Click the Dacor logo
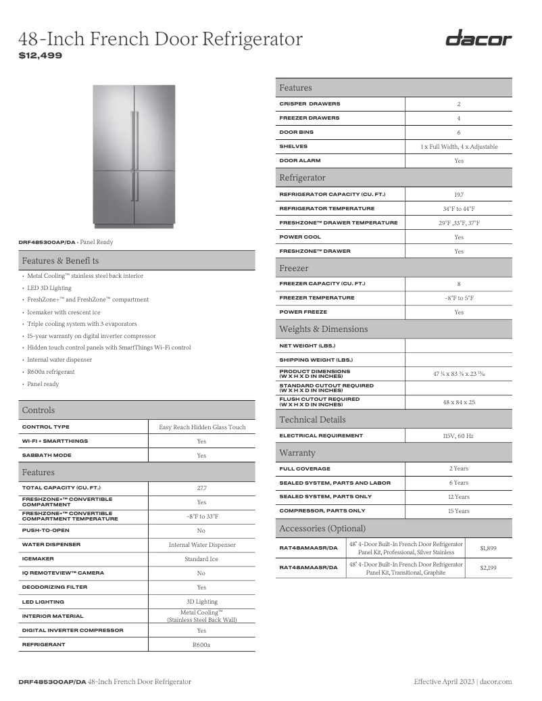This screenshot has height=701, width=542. (478, 39)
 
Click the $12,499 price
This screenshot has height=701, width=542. (40, 55)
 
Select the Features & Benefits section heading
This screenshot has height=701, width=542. (60, 260)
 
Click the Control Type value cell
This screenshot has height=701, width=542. (202, 427)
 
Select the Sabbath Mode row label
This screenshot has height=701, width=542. (46, 455)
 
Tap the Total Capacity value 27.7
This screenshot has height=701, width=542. (201, 487)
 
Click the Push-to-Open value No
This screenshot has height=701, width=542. (201, 531)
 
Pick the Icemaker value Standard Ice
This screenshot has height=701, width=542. (201, 559)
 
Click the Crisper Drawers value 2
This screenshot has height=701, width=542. (459, 104)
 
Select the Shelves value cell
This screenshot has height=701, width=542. (459, 147)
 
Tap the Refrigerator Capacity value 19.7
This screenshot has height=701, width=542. (459, 195)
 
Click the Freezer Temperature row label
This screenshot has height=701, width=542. (316, 298)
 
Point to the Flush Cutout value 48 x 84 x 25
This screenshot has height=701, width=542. (459, 402)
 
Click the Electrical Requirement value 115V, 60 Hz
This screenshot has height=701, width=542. (459, 436)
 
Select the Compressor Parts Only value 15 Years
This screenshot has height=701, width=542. (459, 511)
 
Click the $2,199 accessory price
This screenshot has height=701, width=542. (488, 568)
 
